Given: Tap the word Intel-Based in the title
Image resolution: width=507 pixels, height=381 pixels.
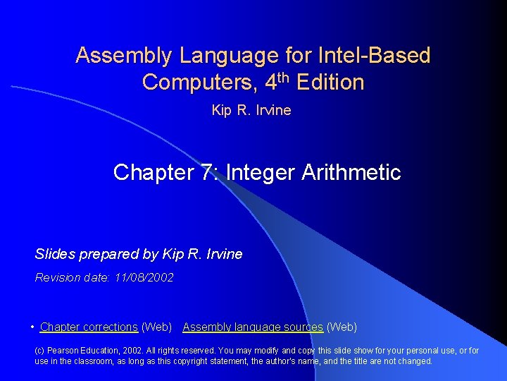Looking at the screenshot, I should pyautogui.click(x=375, y=55).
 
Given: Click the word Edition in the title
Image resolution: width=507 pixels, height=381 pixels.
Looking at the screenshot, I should pyautogui.click(x=330, y=83).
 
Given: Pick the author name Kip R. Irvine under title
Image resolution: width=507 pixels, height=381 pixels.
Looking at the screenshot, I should pyautogui.click(x=251, y=110).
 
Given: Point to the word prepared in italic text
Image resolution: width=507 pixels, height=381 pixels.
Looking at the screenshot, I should pyautogui.click(x=103, y=254).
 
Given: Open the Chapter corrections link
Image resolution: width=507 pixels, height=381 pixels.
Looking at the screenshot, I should pyautogui.click(x=89, y=327).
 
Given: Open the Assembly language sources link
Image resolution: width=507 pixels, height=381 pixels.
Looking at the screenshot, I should pyautogui.click(x=253, y=327).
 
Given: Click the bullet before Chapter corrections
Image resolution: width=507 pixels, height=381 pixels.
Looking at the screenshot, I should pyautogui.click(x=33, y=327).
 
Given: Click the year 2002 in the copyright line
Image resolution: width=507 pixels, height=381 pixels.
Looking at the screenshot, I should pyautogui.click(x=135, y=351).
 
